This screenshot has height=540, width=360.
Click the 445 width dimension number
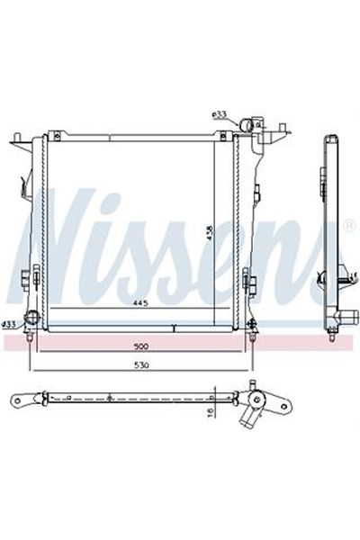[140, 303]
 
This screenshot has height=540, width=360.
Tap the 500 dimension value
[140, 346]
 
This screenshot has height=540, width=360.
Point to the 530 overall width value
[140, 366]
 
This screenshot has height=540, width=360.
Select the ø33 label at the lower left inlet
[8, 322]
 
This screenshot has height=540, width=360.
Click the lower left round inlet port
[32, 319]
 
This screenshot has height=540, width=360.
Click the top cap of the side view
[332, 140]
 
